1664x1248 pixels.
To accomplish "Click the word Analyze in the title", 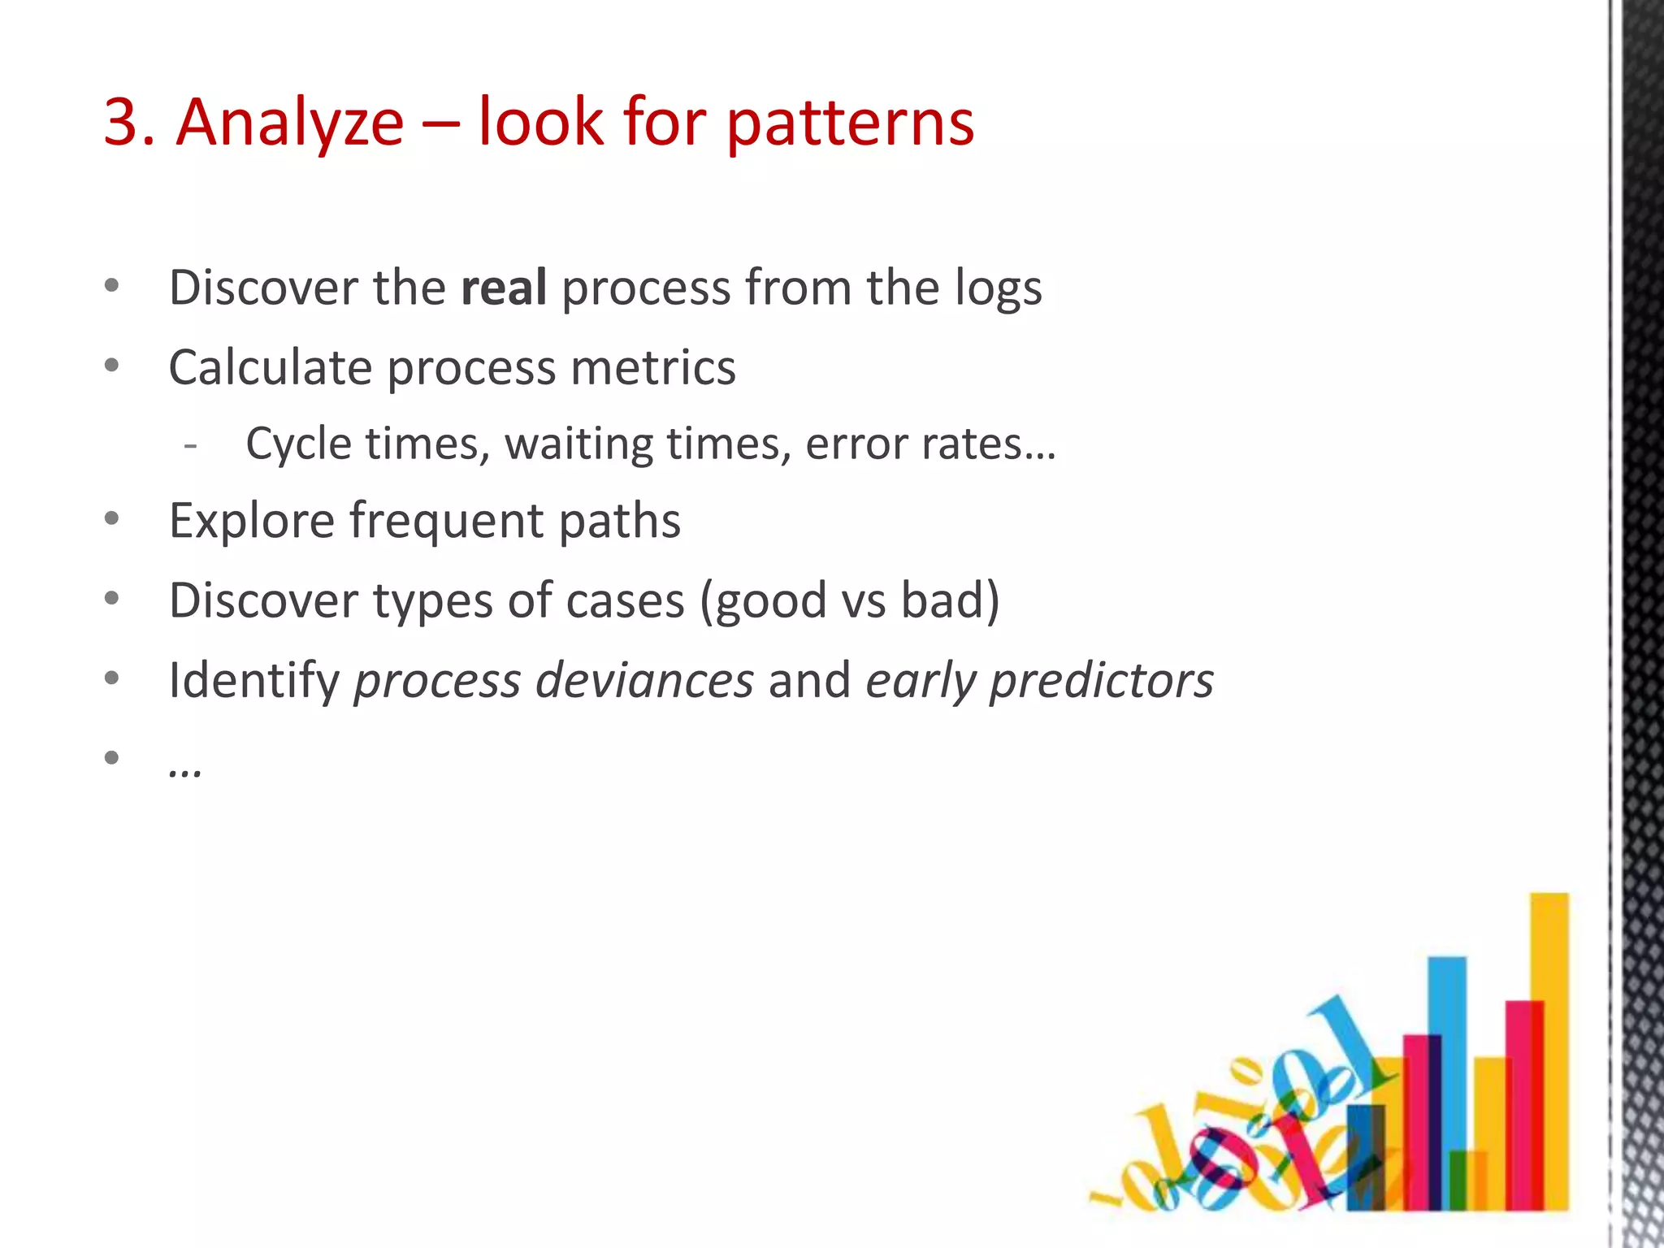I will click(x=290, y=123).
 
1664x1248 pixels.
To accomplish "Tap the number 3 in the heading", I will click(x=128, y=123).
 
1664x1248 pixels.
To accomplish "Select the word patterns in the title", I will click(x=850, y=124).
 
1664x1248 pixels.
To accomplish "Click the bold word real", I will click(x=504, y=288).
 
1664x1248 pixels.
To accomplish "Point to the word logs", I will click(x=998, y=289).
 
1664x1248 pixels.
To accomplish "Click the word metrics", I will click(x=653, y=367).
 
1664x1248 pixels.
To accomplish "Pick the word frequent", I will click(x=446, y=521).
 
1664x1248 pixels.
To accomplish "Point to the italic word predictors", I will click(x=1101, y=681).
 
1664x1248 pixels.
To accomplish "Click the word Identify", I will click(x=253, y=681).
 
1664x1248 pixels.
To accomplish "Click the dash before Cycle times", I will click(x=191, y=445).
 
